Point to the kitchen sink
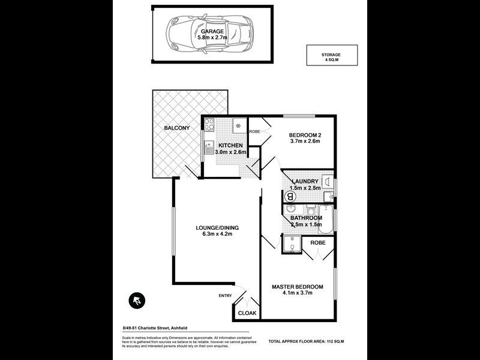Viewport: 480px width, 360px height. (x=209, y=148)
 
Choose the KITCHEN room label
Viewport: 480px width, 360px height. (x=230, y=146)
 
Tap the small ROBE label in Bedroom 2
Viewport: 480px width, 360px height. (x=254, y=131)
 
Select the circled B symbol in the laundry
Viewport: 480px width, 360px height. (x=292, y=196)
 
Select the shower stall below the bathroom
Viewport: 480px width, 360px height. (x=292, y=245)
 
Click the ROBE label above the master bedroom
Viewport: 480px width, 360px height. (x=318, y=242)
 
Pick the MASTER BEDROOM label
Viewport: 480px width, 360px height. (x=298, y=286)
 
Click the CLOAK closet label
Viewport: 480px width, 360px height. (x=247, y=313)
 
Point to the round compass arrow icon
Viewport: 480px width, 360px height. (x=137, y=300)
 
